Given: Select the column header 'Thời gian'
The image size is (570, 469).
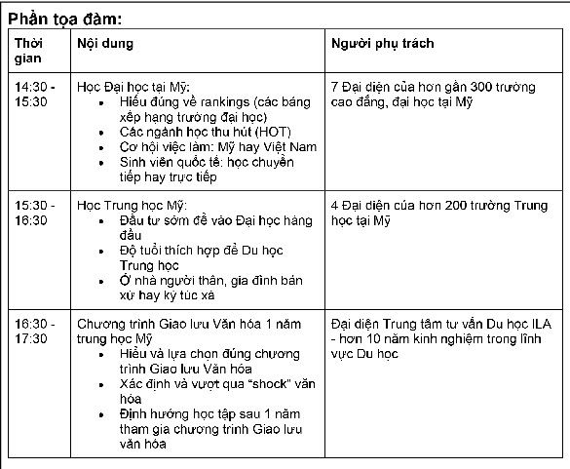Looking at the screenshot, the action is click(x=28, y=51).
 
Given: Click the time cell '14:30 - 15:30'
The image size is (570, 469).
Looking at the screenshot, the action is click(x=35, y=95).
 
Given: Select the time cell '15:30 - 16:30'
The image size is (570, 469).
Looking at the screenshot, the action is click(x=35, y=214).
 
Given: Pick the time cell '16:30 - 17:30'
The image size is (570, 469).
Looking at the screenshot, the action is click(x=35, y=332).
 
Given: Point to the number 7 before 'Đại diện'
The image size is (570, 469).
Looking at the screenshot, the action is click(x=335, y=87).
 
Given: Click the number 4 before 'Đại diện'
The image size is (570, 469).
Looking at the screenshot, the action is click(x=335, y=206).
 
